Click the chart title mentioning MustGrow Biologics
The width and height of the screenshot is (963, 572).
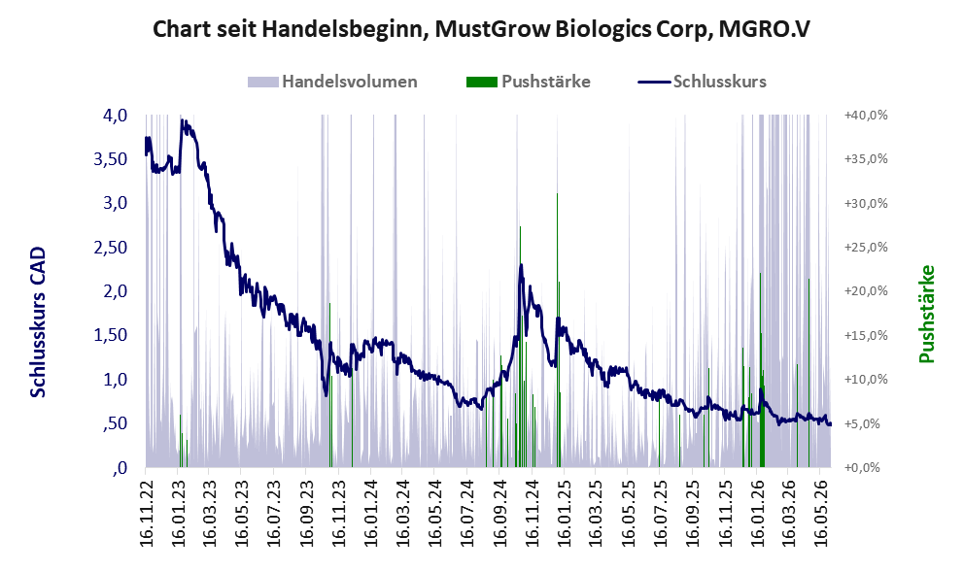[481, 29]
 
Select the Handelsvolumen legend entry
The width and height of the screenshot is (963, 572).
[332, 82]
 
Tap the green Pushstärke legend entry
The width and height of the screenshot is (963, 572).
[529, 82]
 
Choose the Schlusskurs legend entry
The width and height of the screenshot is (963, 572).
[703, 82]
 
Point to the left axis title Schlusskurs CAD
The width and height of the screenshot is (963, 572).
[38, 322]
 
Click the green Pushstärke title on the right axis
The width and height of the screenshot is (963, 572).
[927, 314]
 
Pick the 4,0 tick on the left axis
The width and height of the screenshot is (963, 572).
[115, 116]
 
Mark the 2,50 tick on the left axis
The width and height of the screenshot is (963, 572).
[110, 248]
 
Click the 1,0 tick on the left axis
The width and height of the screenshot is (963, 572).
[115, 380]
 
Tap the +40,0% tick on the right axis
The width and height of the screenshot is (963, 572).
[866, 116]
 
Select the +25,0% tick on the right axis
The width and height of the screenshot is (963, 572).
[866, 248]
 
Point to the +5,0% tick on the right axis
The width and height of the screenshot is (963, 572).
[869, 423]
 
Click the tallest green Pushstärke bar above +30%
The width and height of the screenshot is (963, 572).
[557, 330]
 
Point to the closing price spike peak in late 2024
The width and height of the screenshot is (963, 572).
[522, 265]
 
